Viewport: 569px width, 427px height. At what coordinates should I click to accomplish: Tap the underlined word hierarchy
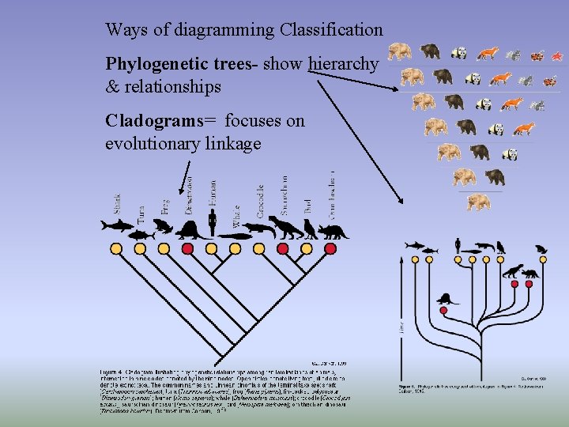[x=343, y=64]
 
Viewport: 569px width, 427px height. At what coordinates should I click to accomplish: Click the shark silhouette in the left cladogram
[x=117, y=226]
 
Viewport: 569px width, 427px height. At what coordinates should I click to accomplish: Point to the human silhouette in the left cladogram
[x=212, y=222]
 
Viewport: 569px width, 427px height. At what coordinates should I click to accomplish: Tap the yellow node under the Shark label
[x=116, y=249]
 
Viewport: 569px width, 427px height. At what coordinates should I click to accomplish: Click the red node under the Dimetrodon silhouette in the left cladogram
[x=188, y=249]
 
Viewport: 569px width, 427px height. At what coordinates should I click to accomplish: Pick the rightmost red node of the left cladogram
[x=307, y=249]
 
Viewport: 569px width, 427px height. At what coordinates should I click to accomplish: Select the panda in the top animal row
[x=459, y=54]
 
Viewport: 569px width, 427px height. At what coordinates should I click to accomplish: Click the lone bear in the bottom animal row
[x=477, y=202]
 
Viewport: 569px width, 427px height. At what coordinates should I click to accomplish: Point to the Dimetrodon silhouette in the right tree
[x=447, y=299]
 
